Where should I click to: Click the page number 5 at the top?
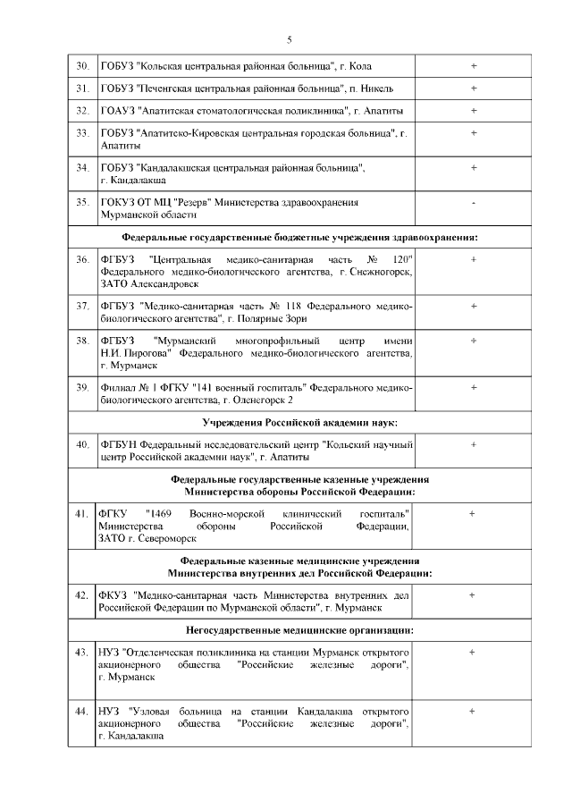coord(289,38)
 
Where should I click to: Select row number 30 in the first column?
coord(82,66)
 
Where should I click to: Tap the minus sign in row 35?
coord(473,203)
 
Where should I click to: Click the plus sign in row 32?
coord(473,110)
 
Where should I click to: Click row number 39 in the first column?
coord(82,387)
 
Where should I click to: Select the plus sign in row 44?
coord(472,711)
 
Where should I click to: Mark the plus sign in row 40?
coord(473,444)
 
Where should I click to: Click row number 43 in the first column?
coord(82,653)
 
